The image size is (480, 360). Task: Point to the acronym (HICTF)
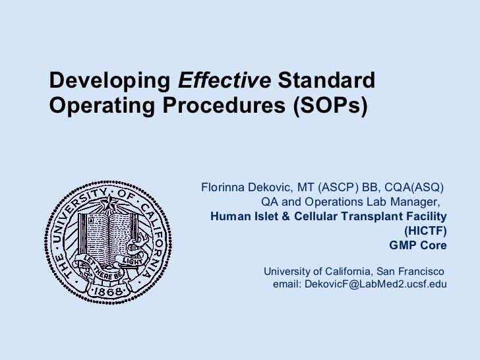(425, 231)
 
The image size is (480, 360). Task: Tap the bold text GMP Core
(417, 245)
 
